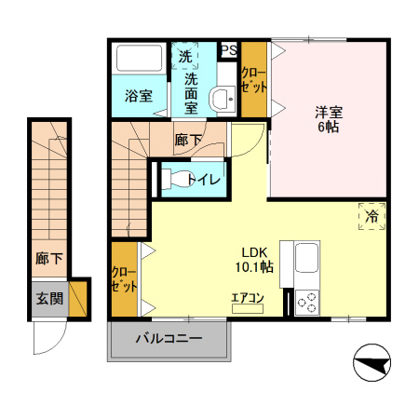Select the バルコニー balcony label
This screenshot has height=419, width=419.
tap(168, 339)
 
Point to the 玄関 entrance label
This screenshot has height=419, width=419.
tap(49, 299)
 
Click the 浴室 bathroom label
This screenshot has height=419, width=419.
tap(139, 96)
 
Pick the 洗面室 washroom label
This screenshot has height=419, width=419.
tap(190, 93)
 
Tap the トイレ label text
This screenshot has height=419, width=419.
tap(203, 179)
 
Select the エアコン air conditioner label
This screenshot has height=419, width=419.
tap(248, 299)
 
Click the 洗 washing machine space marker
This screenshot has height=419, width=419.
tap(185, 57)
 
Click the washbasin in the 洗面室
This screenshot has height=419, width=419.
tap(221, 97)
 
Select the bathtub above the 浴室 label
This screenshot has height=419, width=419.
tap(138, 60)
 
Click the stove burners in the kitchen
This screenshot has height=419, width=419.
tap(306, 303)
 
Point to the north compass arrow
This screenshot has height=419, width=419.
tap(373, 364)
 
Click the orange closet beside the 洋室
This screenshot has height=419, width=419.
tap(254, 79)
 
